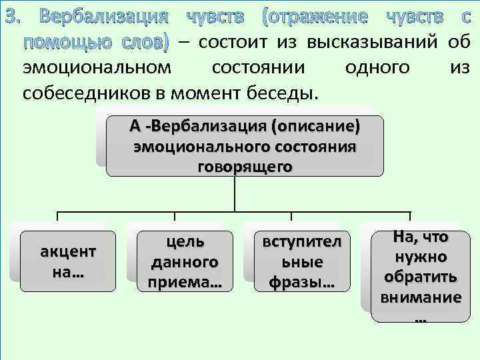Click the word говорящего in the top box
[245, 166]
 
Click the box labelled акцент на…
[68, 261]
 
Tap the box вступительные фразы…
[302, 261]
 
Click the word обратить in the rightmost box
[421, 277]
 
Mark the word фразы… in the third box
[302, 282]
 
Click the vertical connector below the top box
[234, 193]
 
